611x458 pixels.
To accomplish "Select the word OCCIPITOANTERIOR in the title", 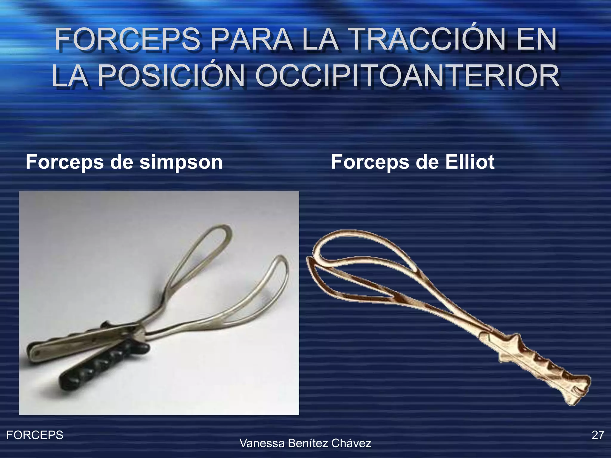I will (x=407, y=77).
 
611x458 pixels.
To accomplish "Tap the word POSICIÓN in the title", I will (x=171, y=77).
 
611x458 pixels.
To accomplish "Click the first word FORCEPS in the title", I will (x=128, y=40).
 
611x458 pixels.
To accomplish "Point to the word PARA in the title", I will (x=252, y=40).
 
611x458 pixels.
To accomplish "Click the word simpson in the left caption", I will (x=181, y=162).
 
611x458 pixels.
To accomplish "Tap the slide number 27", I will (x=598, y=435).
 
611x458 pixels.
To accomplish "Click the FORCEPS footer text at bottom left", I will (x=35, y=435).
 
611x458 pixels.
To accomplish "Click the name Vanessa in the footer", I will (x=262, y=443).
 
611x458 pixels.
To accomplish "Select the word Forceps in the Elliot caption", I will (x=370, y=162).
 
